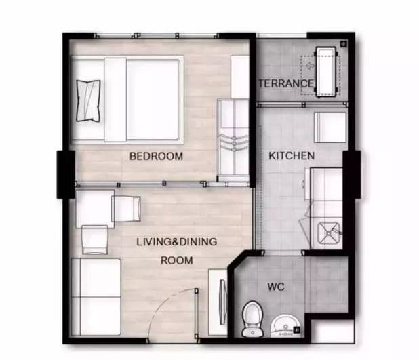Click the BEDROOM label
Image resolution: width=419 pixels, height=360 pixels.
(156, 156)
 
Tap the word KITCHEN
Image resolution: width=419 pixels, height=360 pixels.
(292, 155)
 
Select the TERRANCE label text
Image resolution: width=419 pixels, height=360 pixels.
(285, 83)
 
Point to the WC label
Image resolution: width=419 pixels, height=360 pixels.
(276, 287)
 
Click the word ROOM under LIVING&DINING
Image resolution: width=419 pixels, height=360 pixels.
(177, 260)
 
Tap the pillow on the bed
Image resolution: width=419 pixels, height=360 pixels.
(88, 101)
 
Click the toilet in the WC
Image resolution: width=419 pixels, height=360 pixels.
(252, 319)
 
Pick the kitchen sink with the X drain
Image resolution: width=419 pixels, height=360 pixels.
(328, 233)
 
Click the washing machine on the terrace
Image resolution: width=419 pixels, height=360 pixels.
(325, 72)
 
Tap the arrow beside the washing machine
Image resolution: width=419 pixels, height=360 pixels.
(310, 65)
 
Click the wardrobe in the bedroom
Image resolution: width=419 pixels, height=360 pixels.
(233, 139)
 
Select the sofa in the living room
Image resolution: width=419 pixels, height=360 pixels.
(96, 297)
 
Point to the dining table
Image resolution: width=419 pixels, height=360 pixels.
(95, 209)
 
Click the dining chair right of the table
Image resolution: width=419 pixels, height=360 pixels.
(126, 209)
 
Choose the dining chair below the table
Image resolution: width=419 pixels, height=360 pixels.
(95, 239)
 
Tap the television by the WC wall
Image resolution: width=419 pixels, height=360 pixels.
(222, 302)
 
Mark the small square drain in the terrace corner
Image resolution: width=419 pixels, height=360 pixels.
(344, 43)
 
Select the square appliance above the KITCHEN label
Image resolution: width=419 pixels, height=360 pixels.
(330, 127)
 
